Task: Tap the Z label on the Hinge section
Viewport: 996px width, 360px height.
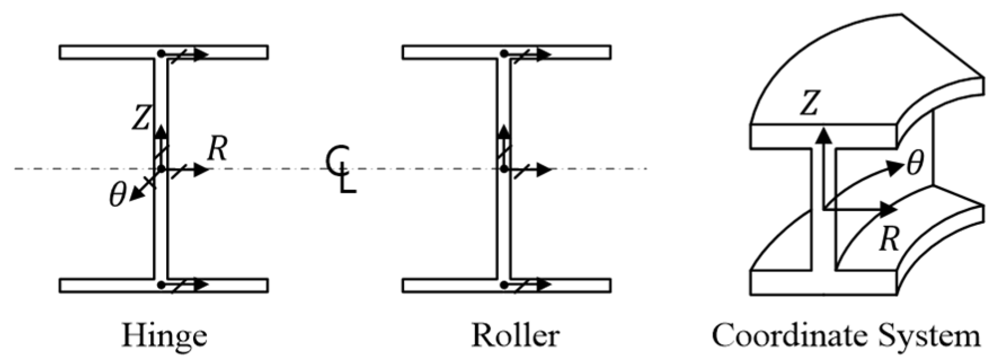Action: tap(141, 118)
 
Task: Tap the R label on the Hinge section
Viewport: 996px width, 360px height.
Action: tap(217, 149)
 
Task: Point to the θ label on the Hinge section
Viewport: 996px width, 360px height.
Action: tap(117, 195)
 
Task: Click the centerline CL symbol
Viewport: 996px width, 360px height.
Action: tap(341, 170)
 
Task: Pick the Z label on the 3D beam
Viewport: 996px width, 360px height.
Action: tap(810, 104)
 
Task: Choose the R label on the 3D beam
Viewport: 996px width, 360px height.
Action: tap(889, 239)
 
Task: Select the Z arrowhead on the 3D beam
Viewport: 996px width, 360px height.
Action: tap(824, 134)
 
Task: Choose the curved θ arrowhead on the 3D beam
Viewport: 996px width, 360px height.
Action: tap(895, 166)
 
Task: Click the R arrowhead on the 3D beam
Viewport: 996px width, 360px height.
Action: tap(890, 210)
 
